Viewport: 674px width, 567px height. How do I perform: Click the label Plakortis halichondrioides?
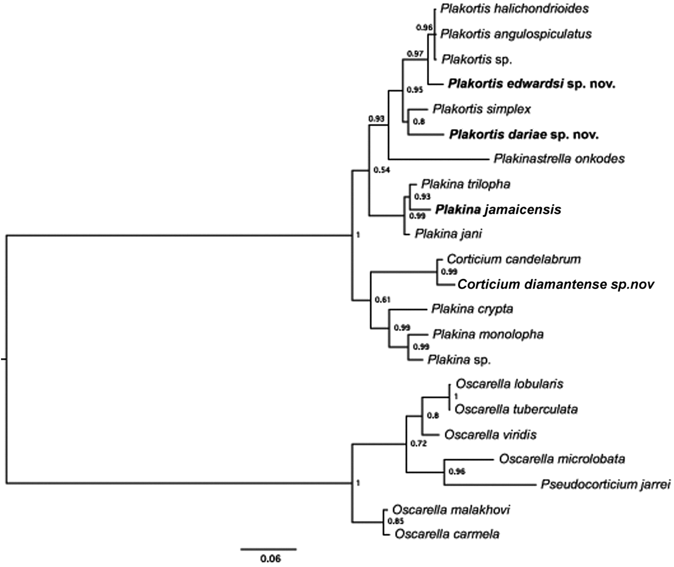coord(515,9)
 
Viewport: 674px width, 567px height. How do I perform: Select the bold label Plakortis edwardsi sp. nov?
coord(531,84)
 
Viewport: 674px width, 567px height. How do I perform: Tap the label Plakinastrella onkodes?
coord(559,158)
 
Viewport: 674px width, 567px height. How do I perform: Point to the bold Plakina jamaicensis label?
coord(498,209)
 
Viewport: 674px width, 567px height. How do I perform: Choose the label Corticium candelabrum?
coord(514,259)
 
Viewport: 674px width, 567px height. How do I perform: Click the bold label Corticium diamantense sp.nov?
coord(556,284)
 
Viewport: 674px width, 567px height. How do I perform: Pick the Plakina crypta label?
coord(472,309)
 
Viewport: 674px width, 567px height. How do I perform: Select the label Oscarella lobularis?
coord(509,384)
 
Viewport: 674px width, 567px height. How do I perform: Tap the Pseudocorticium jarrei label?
coord(605,484)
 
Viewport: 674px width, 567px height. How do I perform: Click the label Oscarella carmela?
coord(447,534)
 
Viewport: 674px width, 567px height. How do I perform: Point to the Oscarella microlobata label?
coord(562,459)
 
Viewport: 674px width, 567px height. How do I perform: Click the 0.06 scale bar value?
coord(271,559)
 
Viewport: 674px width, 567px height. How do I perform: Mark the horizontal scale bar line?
coord(269,548)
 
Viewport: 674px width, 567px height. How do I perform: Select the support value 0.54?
coord(382,170)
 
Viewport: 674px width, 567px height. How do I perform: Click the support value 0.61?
coord(382,300)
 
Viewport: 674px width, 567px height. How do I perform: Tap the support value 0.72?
coord(418,443)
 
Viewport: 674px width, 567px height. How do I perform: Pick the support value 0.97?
coord(415,53)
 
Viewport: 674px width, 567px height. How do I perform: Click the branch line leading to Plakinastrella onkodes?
coord(438,159)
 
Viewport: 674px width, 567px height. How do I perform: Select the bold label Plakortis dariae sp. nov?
coord(524,135)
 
